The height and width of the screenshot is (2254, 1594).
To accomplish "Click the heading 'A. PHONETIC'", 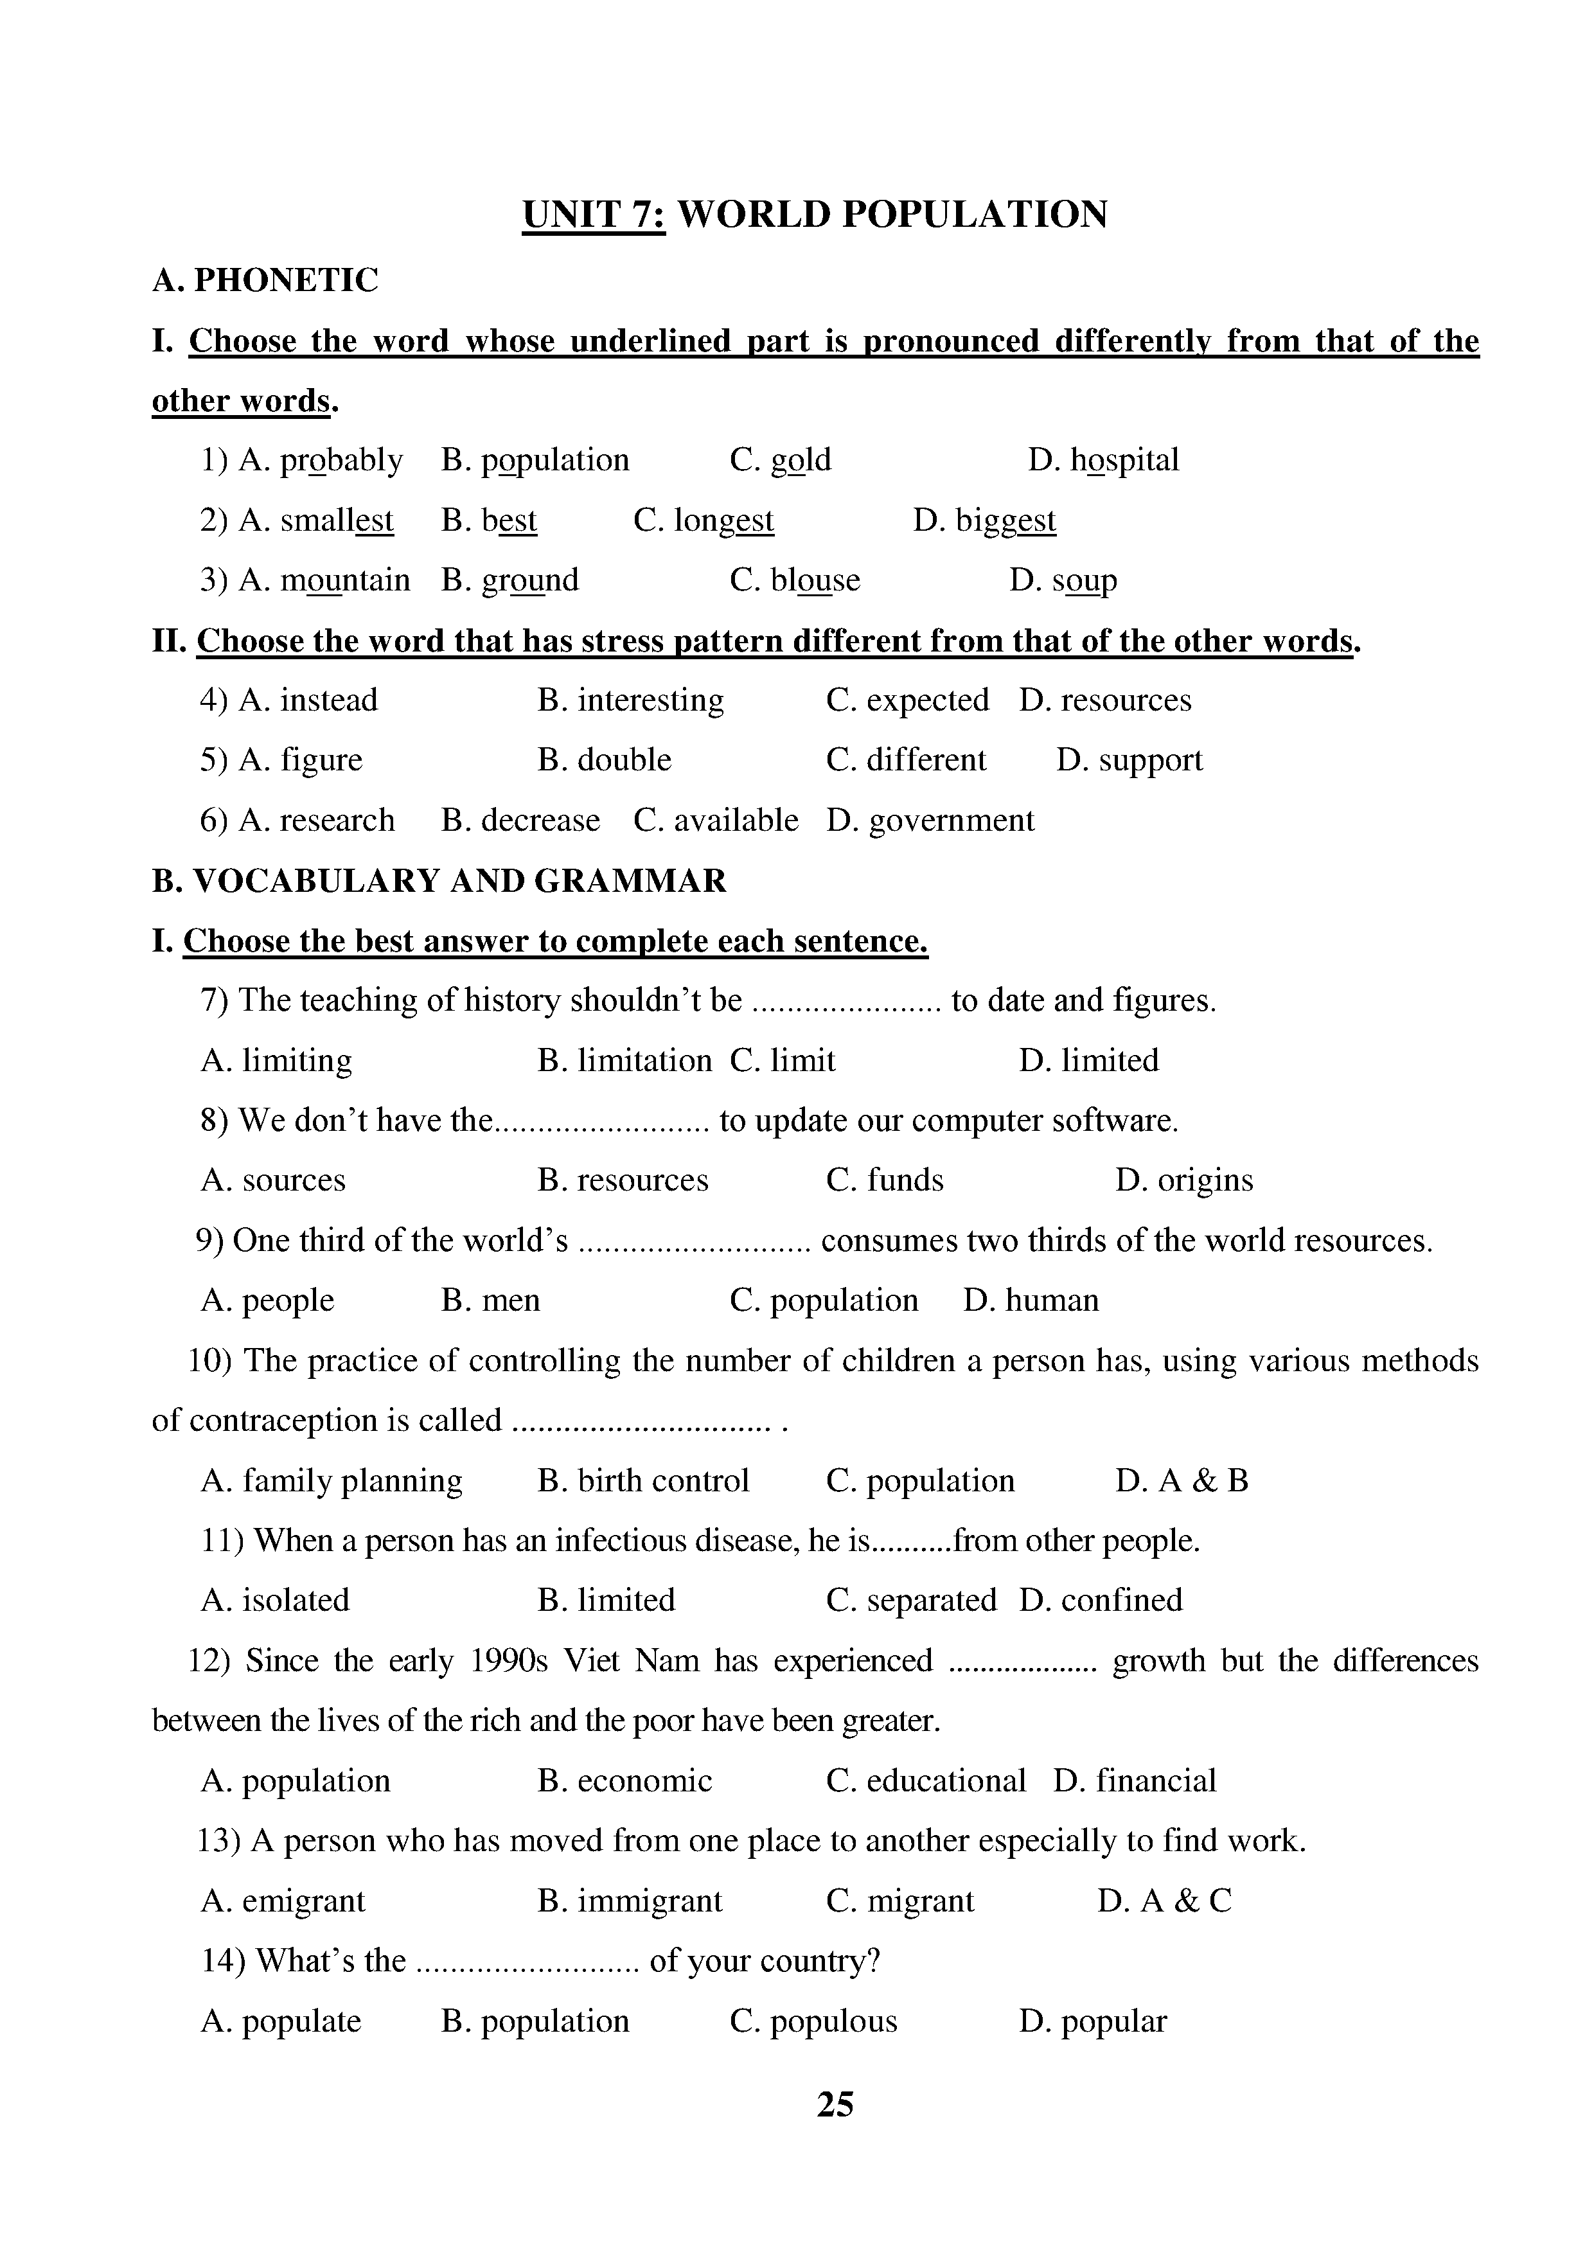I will click(265, 281).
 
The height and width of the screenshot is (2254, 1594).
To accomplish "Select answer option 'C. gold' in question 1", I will click(781, 461).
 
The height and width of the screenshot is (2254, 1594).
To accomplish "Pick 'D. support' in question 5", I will click(1129, 760).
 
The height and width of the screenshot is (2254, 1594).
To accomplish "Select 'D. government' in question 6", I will click(930, 821).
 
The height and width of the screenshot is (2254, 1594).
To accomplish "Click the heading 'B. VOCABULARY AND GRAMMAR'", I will click(439, 881).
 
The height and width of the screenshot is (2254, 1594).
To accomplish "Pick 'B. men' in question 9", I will click(491, 1300).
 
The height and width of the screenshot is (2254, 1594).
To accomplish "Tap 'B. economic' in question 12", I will click(624, 1781).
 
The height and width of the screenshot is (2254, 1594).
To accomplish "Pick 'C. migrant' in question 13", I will click(900, 1901).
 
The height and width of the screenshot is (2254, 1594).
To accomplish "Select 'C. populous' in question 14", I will click(813, 2021).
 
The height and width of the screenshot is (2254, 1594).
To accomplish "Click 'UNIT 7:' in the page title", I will click(594, 215).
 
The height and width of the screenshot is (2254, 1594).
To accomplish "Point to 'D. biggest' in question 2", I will click(984, 520).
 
